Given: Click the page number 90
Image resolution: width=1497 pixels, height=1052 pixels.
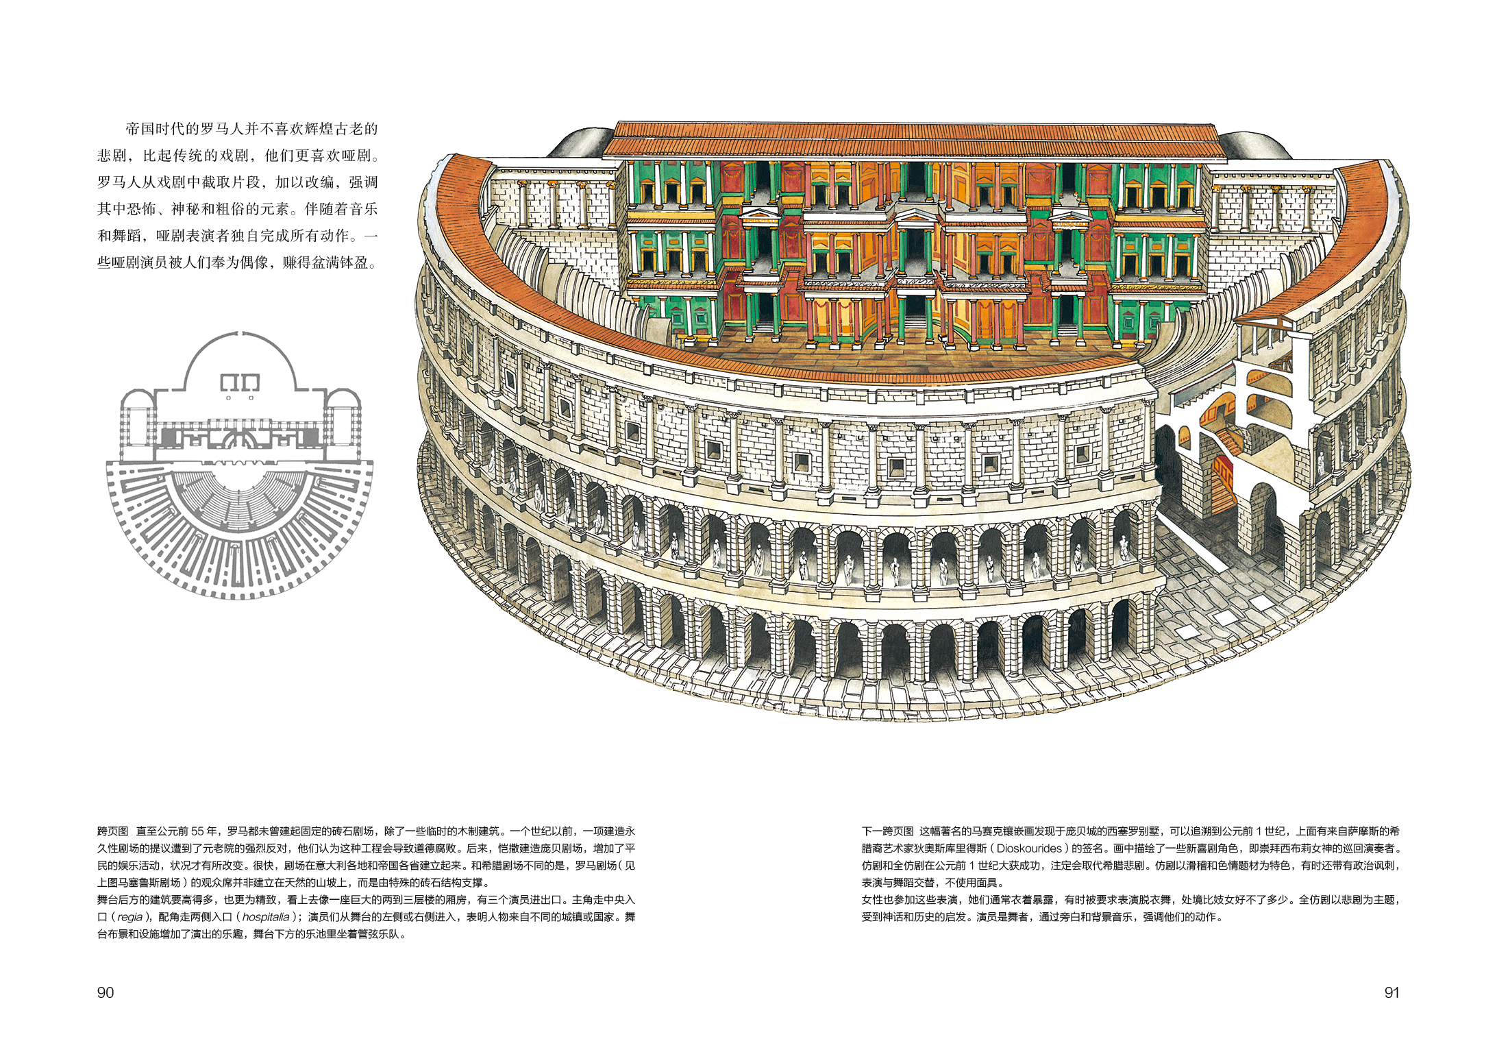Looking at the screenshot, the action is coord(106,992).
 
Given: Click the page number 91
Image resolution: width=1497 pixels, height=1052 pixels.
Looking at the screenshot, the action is coord(1391,992).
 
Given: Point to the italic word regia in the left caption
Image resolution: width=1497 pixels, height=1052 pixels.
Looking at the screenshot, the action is coord(129,917).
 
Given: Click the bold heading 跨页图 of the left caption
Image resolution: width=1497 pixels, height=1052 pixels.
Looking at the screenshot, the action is coord(112,831).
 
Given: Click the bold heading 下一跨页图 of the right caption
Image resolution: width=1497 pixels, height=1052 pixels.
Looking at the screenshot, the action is coord(887,831).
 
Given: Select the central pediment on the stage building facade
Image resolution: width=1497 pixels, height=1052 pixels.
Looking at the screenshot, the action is coord(916,218).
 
